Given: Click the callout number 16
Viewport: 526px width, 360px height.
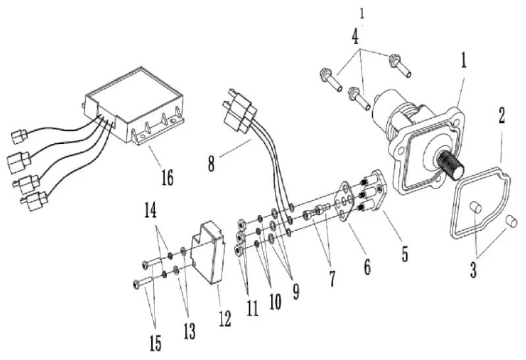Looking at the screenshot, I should pyautogui.click(x=167, y=177).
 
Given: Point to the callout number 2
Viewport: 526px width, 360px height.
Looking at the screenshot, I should pyautogui.click(x=502, y=117).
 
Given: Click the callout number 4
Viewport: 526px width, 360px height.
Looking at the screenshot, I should pyautogui.click(x=356, y=35).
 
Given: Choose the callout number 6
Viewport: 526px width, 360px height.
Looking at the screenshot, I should pyautogui.click(x=366, y=267).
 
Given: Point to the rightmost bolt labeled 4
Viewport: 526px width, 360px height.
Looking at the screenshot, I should pyautogui.click(x=399, y=64).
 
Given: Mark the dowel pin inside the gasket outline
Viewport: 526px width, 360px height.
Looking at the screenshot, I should pyautogui.click(x=478, y=210).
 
